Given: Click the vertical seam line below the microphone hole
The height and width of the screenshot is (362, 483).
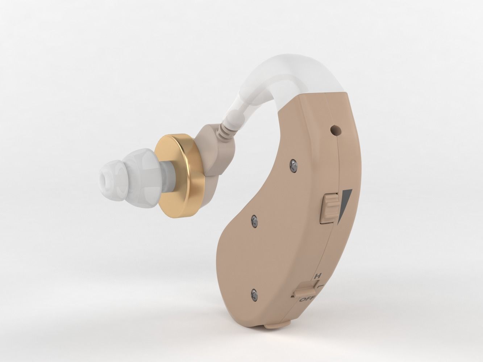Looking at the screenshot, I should click(338, 163).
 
